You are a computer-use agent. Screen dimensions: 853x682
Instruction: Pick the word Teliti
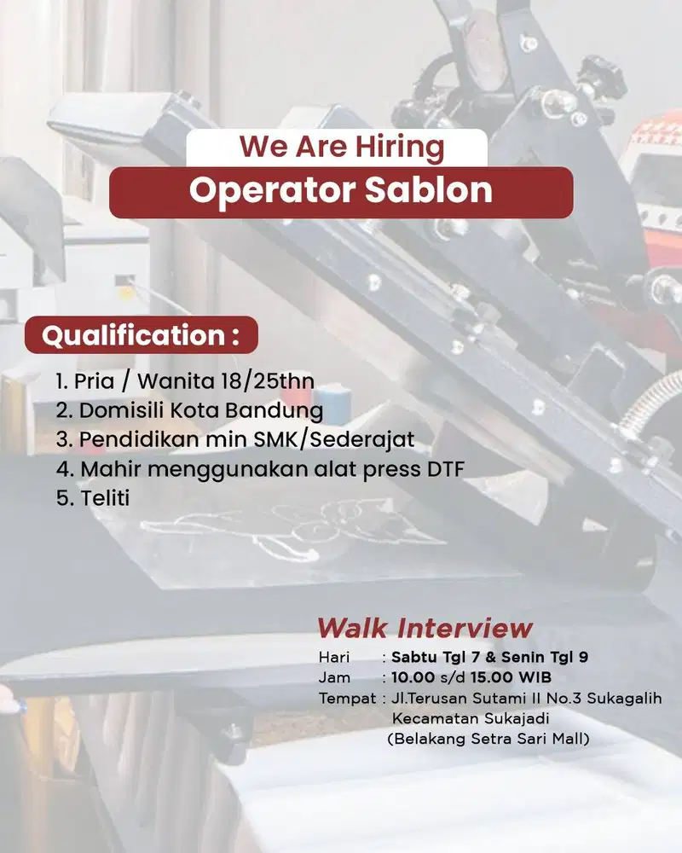coord(105,498)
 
